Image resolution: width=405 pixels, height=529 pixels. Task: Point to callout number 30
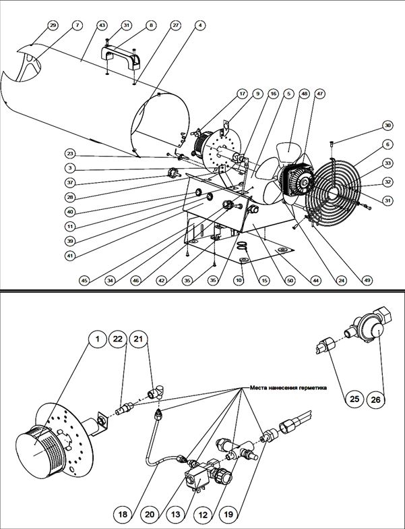(387, 125)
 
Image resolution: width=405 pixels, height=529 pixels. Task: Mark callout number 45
(84, 280)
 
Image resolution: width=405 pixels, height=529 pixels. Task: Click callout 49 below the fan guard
(367, 280)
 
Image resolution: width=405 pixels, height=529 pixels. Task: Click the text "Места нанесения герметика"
(288, 388)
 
